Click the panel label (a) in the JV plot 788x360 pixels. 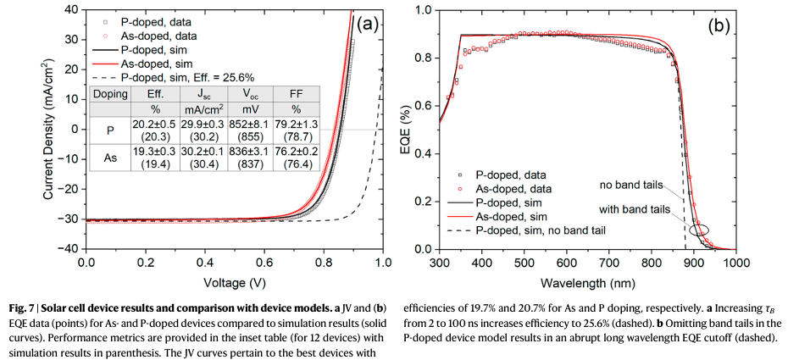point(367,24)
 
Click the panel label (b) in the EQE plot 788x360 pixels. point(719,25)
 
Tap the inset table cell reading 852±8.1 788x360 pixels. point(246,125)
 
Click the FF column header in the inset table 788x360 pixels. point(297,94)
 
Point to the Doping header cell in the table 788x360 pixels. point(108,94)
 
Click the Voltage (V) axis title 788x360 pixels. point(234,282)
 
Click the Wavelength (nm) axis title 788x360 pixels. point(587,282)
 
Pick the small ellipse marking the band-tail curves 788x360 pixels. point(700,229)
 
